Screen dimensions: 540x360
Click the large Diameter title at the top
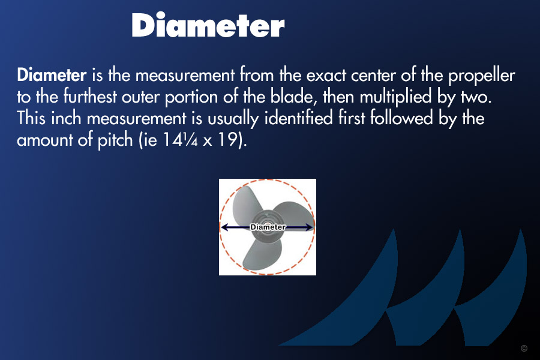click(208, 25)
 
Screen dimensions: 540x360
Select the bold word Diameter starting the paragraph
click(52, 75)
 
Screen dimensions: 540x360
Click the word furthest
click(90, 97)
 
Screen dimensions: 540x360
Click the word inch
click(66, 118)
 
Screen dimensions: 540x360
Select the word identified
click(298, 118)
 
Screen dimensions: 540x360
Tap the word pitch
click(115, 140)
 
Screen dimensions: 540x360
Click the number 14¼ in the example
click(180, 140)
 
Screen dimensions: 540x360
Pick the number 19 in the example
click(228, 140)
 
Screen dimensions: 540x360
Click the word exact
click(326, 76)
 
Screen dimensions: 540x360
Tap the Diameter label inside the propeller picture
click(268, 227)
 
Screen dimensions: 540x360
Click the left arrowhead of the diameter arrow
click(224, 227)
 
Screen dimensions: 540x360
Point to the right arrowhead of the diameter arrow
click(310, 227)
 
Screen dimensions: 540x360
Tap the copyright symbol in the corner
click(524, 348)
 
